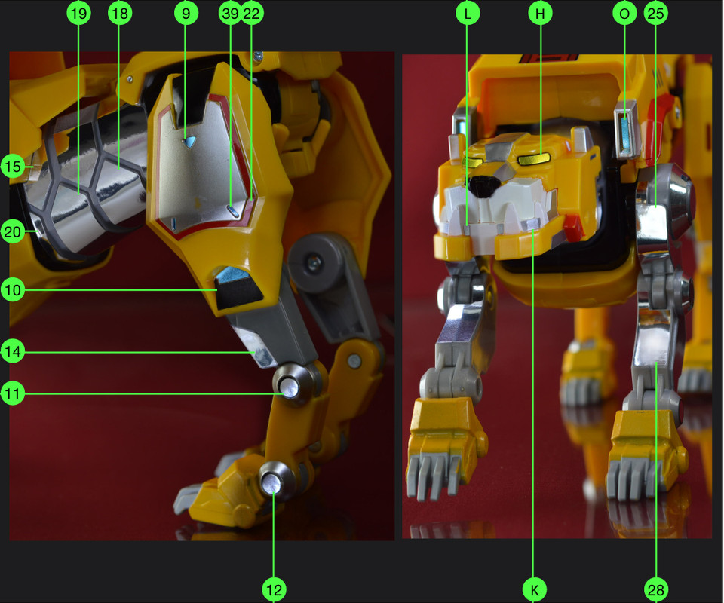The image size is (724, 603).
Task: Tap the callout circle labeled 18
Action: (x=119, y=12)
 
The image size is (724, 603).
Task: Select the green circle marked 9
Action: (x=185, y=12)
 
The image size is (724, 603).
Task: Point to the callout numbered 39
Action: (x=231, y=12)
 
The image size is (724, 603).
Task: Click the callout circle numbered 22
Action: (x=253, y=12)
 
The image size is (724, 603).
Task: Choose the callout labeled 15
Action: (x=12, y=166)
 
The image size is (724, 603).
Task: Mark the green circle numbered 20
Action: (x=12, y=232)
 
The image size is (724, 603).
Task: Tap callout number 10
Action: (x=12, y=290)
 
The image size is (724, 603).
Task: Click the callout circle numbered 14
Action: (x=12, y=351)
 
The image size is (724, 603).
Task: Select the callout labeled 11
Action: (x=12, y=393)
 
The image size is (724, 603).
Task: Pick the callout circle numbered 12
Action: (x=274, y=589)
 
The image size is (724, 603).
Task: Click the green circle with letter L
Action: (x=468, y=12)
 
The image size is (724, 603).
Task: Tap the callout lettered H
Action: (x=539, y=12)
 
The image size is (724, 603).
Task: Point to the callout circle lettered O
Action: (x=624, y=12)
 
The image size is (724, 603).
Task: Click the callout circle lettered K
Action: (x=534, y=589)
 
